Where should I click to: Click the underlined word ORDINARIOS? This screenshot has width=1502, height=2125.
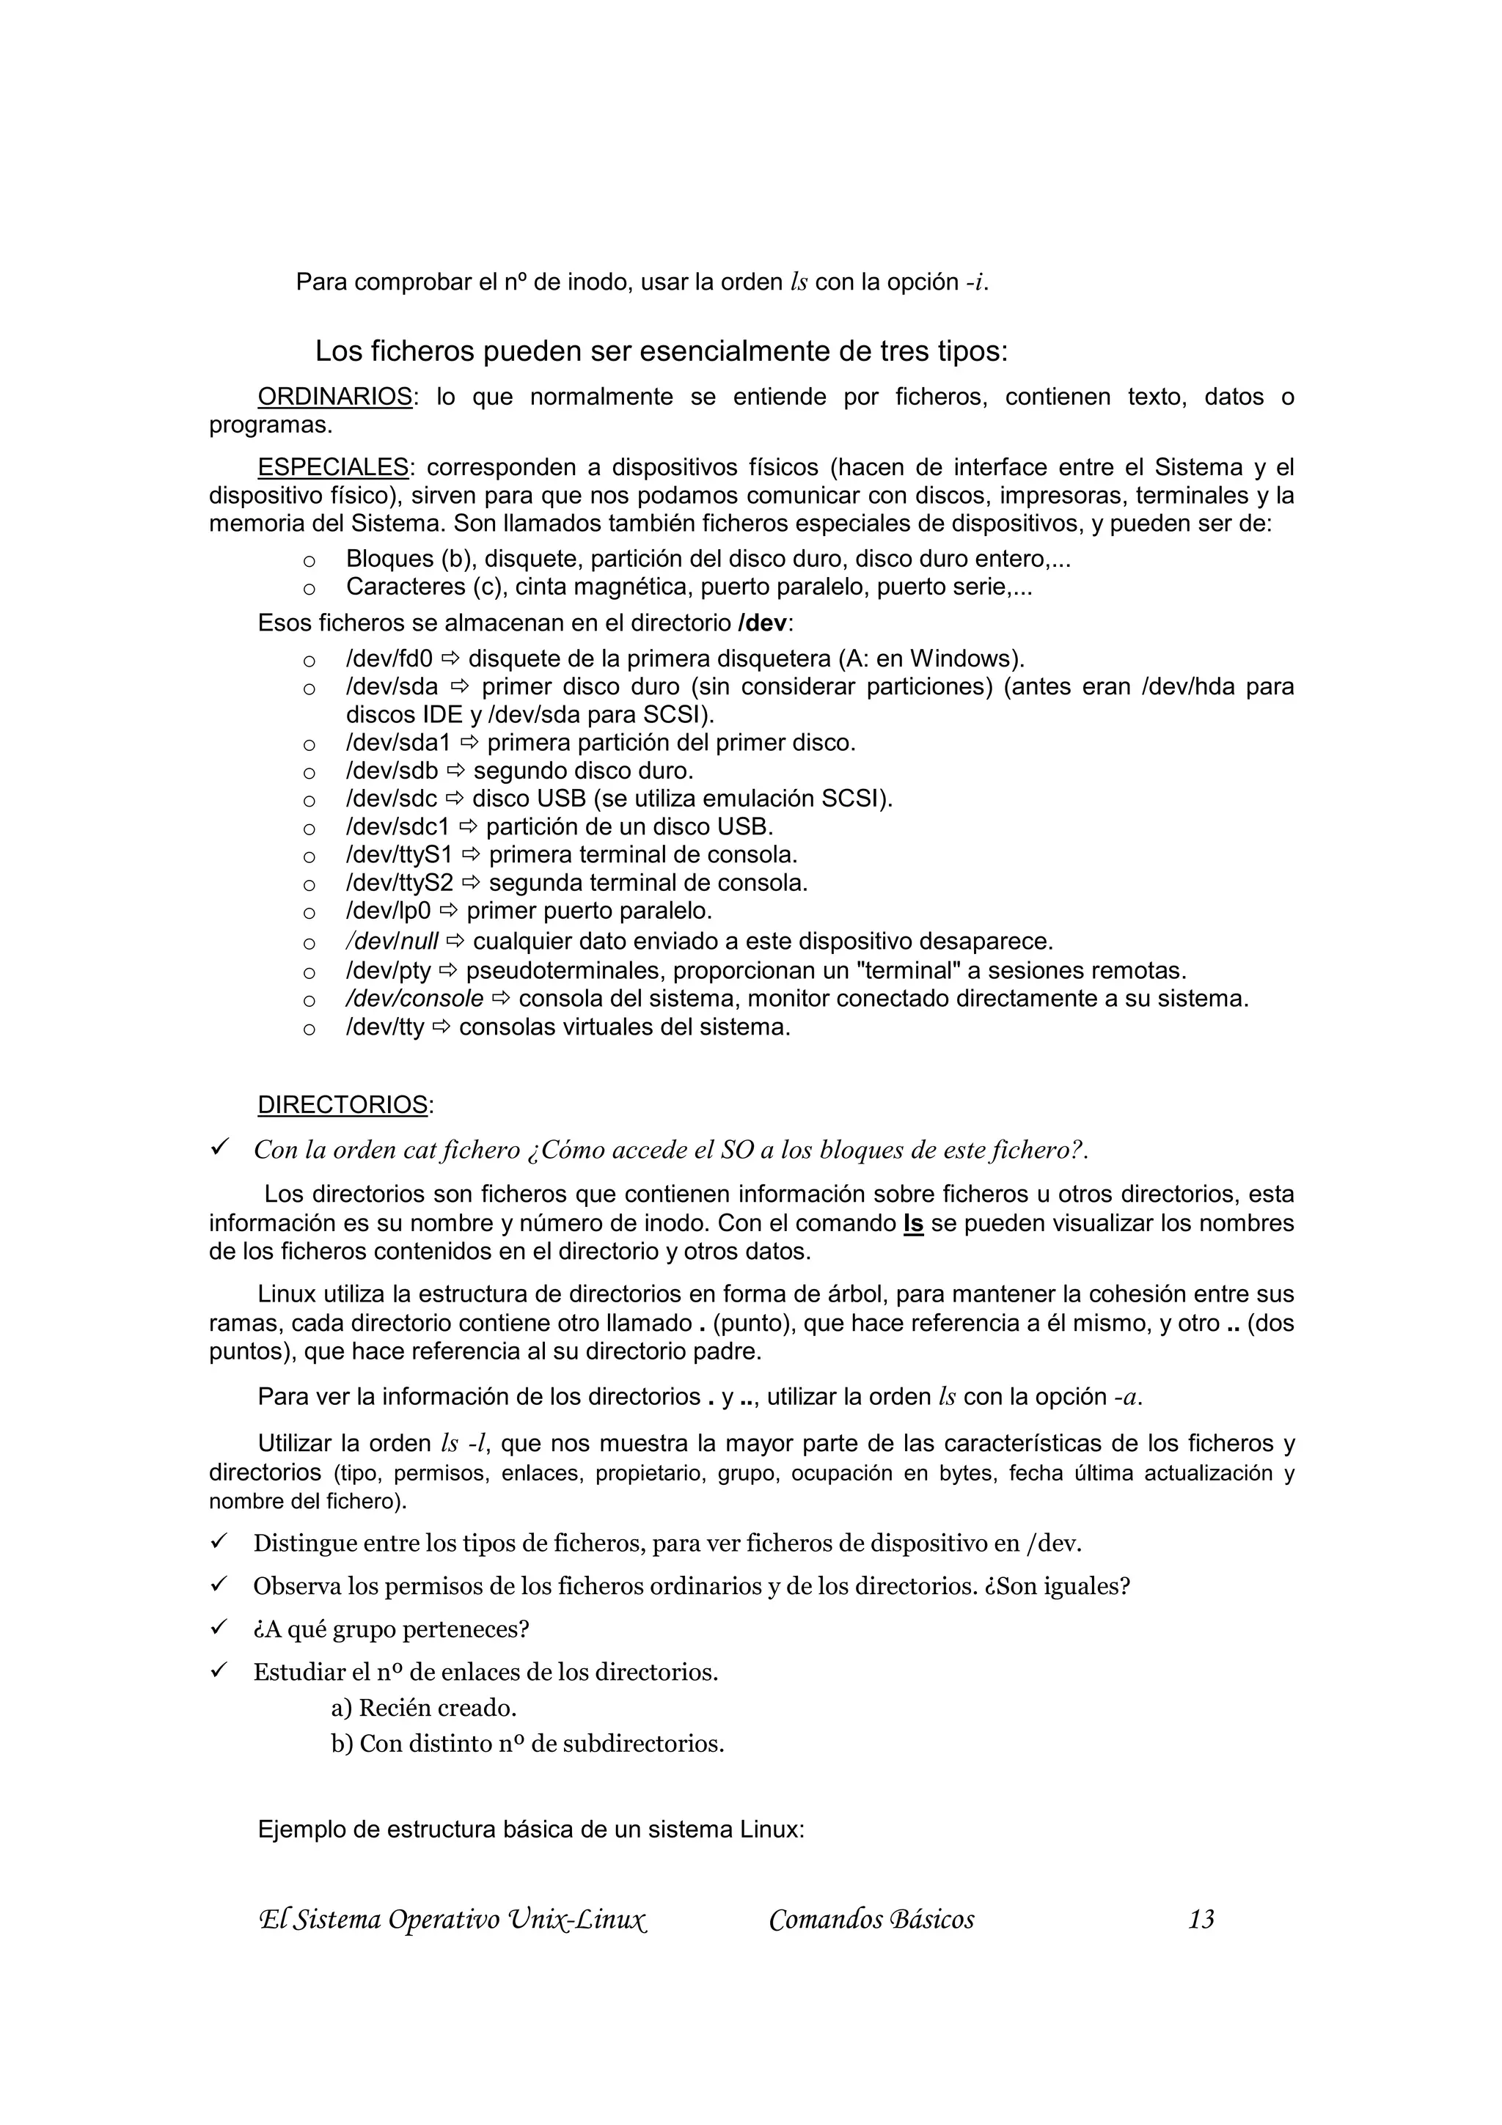334,397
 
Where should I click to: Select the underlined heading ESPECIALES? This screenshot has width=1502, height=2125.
333,467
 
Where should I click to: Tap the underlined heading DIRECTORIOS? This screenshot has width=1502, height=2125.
342,1105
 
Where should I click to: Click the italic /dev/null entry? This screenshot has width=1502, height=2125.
392,942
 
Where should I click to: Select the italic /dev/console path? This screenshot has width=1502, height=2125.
414,999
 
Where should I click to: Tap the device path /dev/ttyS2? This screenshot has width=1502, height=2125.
399,883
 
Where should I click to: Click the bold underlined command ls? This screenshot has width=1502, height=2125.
913,1224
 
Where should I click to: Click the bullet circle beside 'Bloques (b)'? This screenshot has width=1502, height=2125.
309,561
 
